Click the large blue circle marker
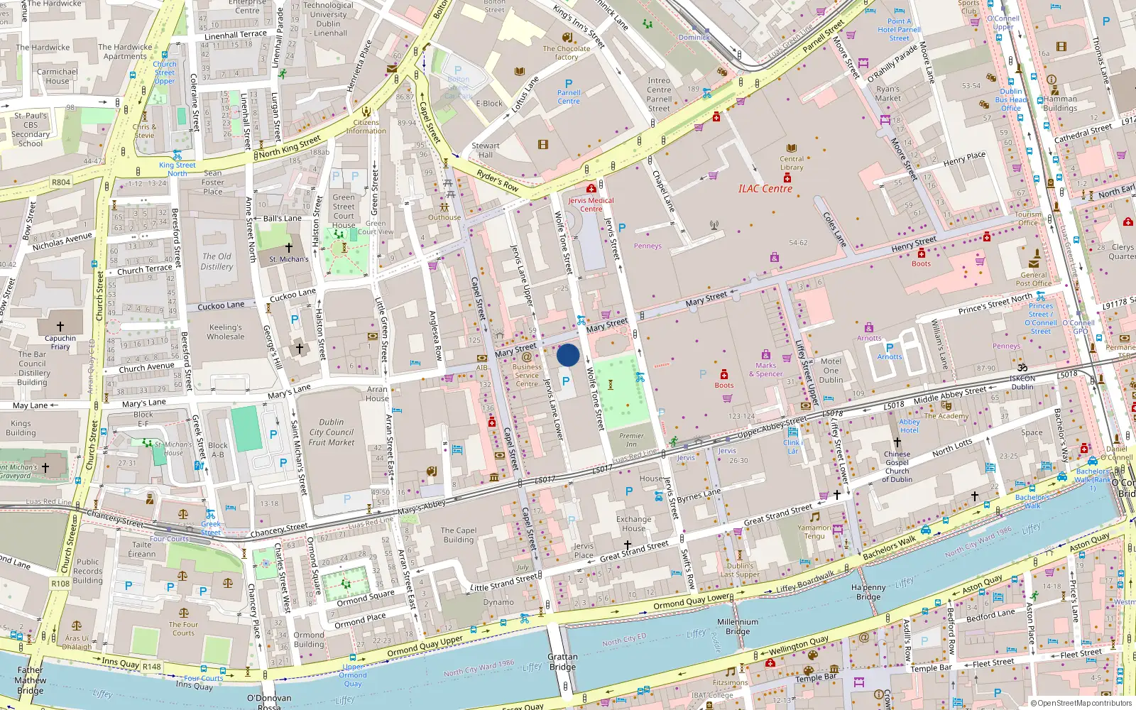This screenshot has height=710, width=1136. coord(568,355)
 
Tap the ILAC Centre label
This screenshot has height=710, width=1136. coord(765,189)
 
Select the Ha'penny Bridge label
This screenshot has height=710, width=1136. coord(868,592)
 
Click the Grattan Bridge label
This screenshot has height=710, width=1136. coord(562,662)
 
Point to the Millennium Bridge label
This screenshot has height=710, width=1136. coord(737,626)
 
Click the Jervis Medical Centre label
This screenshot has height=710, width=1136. coord(591,204)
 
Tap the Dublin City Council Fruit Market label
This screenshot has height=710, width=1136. coord(331,432)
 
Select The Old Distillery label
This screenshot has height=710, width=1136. coord(217,261)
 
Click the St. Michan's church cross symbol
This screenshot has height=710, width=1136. coord(288,248)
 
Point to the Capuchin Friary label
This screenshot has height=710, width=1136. coord(60,342)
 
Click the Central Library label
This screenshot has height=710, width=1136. coord(792,163)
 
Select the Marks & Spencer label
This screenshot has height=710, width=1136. coord(765,369)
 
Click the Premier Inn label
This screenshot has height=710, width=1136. coord(631,439)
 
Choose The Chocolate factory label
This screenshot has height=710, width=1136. coord(566,53)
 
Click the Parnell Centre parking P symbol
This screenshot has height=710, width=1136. coord(568,84)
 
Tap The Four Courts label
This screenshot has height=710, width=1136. coord(183,628)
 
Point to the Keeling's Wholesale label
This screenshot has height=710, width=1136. coord(225,332)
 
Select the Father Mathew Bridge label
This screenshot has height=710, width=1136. coord(30,679)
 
